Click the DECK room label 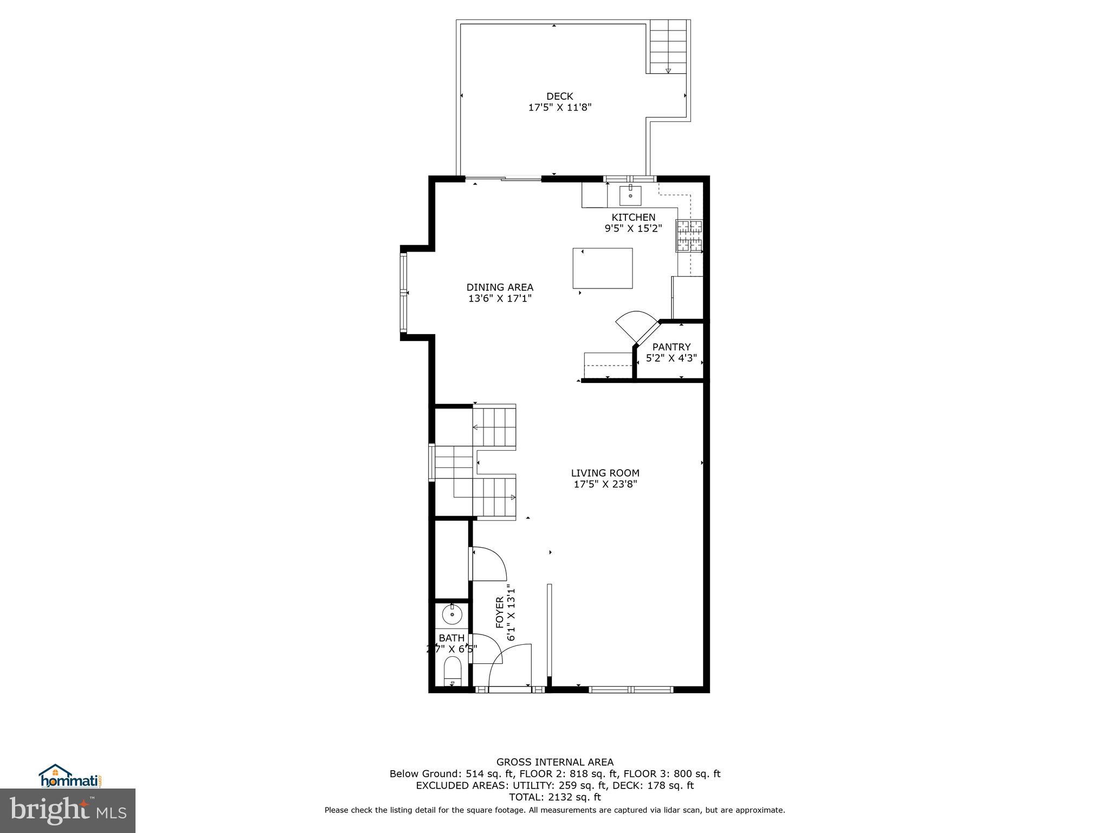point(559,97)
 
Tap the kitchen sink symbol point(630,195)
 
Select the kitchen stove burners point(689,236)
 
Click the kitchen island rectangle point(603,268)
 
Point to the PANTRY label point(671,347)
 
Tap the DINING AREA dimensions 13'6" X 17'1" point(500,298)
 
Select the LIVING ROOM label point(605,473)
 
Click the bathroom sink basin point(451,616)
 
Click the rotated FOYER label point(500,612)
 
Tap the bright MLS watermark point(68,810)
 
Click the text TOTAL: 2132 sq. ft point(554,797)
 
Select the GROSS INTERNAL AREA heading point(554,762)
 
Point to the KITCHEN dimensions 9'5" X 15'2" point(633,228)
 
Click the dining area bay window point(403,293)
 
